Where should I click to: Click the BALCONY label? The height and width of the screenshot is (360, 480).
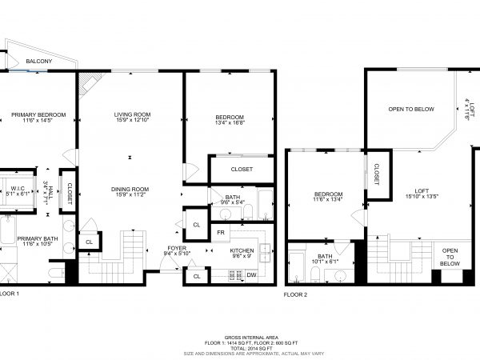point(39,62)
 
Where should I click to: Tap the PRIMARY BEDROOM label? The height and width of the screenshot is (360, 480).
point(38,115)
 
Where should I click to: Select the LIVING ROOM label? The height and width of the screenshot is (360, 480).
point(132,115)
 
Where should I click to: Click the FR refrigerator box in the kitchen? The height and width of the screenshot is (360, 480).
point(219,233)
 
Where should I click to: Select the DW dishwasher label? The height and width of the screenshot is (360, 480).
point(251,274)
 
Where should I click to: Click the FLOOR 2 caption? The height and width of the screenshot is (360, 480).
point(295,294)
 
